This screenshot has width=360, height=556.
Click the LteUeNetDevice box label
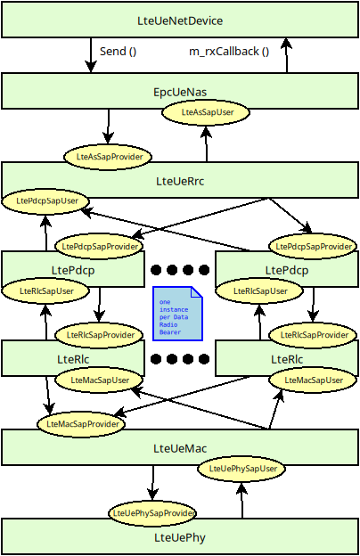tap(180, 20)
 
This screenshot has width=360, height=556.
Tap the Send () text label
tap(118, 51)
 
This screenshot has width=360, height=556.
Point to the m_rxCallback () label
tap(229, 51)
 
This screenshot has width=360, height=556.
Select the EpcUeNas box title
tap(180, 92)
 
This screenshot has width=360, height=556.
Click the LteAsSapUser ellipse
tap(206, 113)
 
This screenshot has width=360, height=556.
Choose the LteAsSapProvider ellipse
tap(105, 156)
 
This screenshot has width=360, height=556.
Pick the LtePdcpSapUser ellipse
tap(46, 201)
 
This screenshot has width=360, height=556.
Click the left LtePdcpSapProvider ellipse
tap(99, 245)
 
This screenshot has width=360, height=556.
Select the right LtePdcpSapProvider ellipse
tap(313, 245)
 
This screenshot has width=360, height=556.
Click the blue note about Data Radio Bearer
tap(177, 313)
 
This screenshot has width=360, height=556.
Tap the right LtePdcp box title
tap(287, 270)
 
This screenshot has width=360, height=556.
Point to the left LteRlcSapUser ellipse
tap(46, 290)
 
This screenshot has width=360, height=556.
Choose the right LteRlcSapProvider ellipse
tap(313, 335)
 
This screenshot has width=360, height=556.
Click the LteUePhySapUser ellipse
tap(241, 468)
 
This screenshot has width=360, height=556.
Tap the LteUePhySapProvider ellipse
tap(152, 512)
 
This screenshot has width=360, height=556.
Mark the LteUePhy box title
tap(180, 537)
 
